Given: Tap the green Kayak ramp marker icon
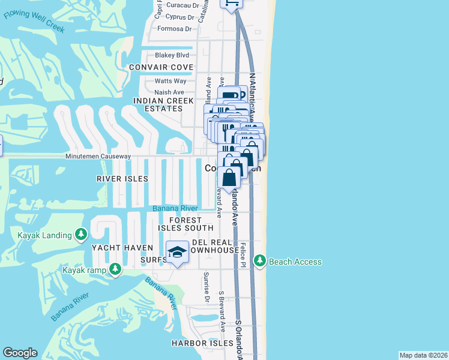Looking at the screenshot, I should [113, 269].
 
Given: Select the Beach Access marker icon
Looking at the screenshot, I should [260, 261].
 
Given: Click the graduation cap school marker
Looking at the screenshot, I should [177, 252].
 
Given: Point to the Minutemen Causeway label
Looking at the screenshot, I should [98, 156].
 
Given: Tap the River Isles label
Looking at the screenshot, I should [122, 179].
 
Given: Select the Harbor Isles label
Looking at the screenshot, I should [202, 343].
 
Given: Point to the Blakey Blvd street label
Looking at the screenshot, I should [172, 55].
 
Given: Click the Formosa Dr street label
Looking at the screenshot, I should [174, 28].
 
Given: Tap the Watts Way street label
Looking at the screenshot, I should [170, 81].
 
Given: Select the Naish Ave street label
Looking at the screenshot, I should [169, 92].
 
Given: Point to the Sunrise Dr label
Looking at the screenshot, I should [206, 287].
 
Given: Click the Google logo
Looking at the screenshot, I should [20, 353].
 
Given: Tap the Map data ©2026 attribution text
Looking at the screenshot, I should [423, 355].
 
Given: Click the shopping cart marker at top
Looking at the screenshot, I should [232, 4].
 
